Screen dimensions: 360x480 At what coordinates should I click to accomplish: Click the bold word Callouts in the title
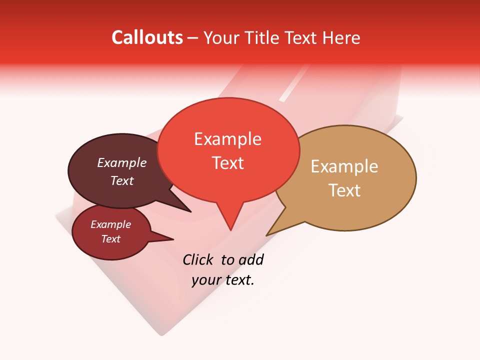point(147,37)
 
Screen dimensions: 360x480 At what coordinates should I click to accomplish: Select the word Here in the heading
point(341,37)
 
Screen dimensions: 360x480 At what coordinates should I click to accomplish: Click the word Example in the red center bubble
point(227,139)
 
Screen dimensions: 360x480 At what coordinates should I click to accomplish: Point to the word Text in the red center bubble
point(227,163)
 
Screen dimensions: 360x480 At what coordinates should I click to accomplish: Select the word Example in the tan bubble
point(344,166)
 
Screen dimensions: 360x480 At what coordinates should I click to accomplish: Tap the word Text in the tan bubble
point(344,190)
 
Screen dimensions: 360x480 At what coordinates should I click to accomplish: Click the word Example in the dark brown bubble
point(121,163)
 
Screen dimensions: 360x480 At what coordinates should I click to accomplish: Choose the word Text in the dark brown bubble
point(121,180)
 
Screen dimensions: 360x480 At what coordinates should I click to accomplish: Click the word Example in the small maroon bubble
point(110,225)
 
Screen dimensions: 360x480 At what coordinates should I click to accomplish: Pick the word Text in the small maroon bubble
point(110,239)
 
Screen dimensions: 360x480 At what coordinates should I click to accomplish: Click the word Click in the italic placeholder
point(197,259)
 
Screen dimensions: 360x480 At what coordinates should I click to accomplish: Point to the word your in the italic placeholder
point(205,280)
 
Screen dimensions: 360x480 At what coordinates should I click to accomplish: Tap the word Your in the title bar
point(222,37)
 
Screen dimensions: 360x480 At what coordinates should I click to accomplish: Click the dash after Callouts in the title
point(193,38)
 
